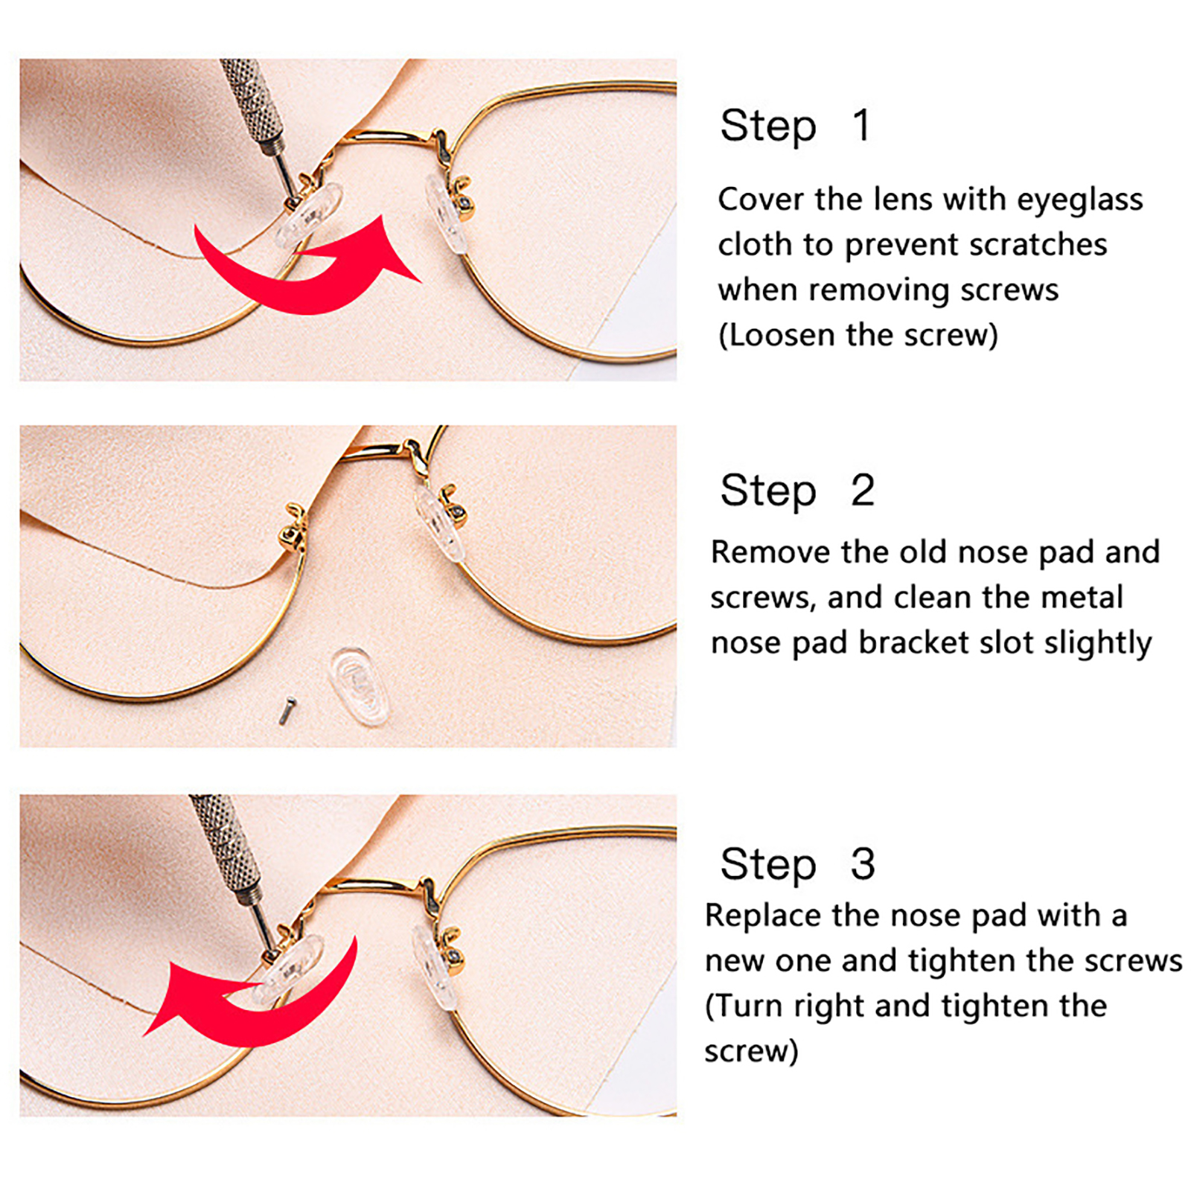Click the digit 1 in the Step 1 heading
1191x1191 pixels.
point(861,125)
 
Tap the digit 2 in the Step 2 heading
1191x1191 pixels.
point(863,491)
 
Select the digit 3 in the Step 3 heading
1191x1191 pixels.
point(863,864)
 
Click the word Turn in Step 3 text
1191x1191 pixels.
point(750,1006)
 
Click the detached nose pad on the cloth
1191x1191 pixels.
point(359,686)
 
